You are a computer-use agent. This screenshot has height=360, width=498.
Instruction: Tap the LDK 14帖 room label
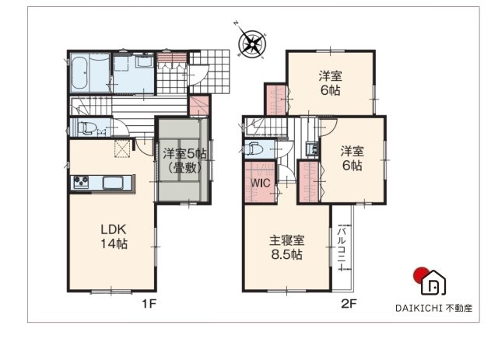[113, 236]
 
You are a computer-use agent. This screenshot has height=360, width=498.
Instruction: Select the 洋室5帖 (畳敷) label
[184, 159]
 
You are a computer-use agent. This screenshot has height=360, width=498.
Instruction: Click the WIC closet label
[260, 183]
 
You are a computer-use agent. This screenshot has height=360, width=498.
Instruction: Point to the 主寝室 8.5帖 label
[286, 247]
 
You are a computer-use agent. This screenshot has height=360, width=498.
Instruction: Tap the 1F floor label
[149, 303]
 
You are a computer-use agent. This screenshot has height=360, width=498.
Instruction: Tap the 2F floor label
[348, 303]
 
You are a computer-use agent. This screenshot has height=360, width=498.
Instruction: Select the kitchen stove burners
[82, 183]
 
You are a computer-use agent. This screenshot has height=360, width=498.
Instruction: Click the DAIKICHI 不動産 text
[433, 306]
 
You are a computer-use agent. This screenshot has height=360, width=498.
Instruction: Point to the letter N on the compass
[236, 24]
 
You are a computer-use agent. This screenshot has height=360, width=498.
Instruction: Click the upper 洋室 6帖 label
[330, 82]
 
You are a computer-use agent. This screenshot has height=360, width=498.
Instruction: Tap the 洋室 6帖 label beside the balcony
[351, 159]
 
